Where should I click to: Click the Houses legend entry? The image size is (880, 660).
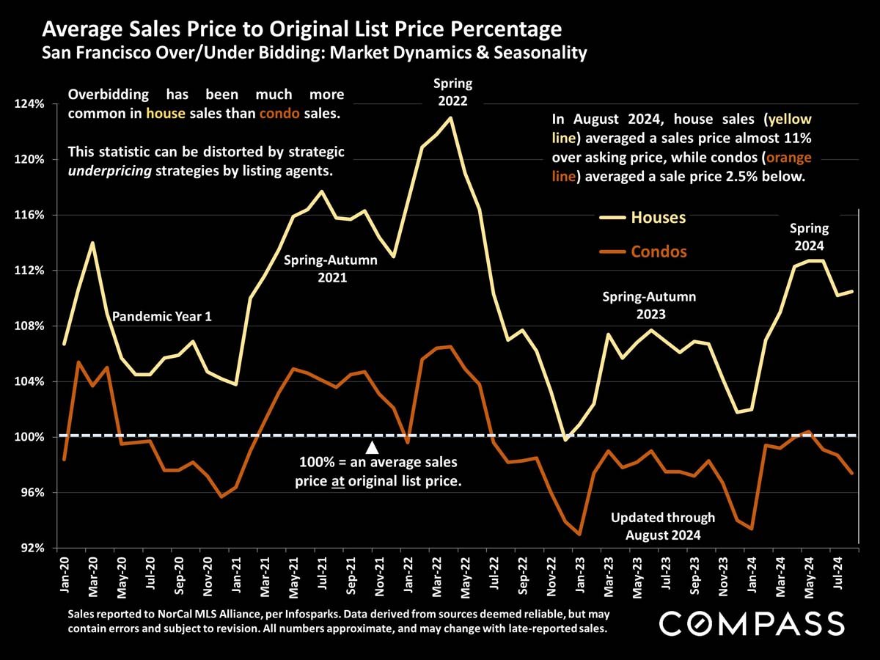[x=658, y=218]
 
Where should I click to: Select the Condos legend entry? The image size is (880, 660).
[x=659, y=252]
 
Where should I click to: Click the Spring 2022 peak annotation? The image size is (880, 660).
[x=452, y=92]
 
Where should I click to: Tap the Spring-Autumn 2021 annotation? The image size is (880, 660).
[x=331, y=269]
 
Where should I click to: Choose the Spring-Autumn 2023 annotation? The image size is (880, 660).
[x=649, y=306]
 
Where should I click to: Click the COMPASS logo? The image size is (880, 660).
[x=752, y=624]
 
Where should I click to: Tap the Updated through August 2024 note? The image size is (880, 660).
[x=662, y=526]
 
